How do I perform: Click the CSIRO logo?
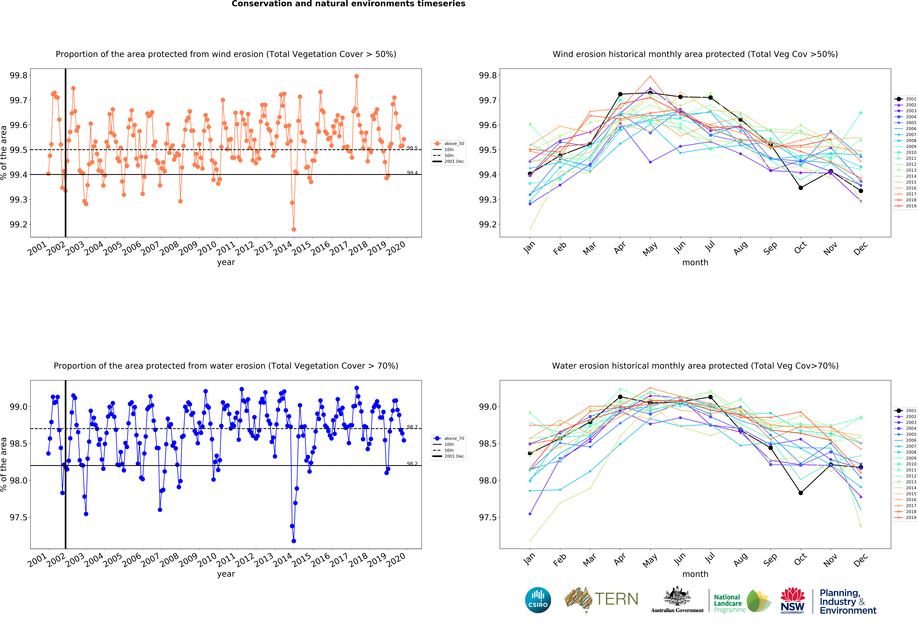click(538, 600)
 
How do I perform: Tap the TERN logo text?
click(616, 599)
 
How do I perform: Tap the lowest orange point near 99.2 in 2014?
click(293, 229)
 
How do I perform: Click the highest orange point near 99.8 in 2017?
click(357, 76)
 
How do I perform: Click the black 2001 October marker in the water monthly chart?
click(801, 493)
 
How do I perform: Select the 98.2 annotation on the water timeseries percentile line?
click(412, 464)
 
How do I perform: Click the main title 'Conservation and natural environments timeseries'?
click(348, 4)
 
